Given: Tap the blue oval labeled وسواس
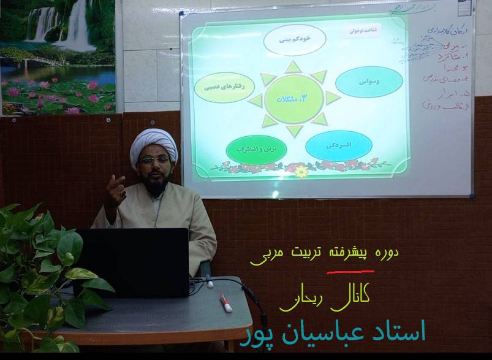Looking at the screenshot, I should point(369,81).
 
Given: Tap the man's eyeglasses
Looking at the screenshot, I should point(154,161).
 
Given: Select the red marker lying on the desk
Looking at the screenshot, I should point(225,302).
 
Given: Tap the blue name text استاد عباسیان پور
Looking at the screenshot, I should point(335,331).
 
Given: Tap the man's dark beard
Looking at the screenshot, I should point(156,182).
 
